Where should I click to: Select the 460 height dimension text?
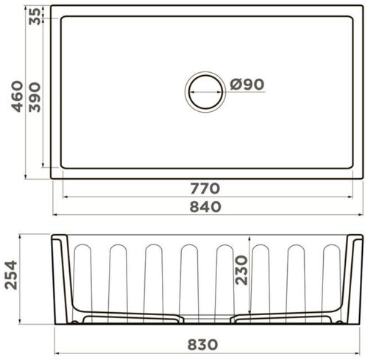(x=15, y=96)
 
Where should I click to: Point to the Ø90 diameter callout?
(x=246, y=85)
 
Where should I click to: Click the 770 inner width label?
(x=205, y=188)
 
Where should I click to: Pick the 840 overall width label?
(x=205, y=207)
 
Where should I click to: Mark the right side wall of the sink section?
(x=355, y=280)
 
